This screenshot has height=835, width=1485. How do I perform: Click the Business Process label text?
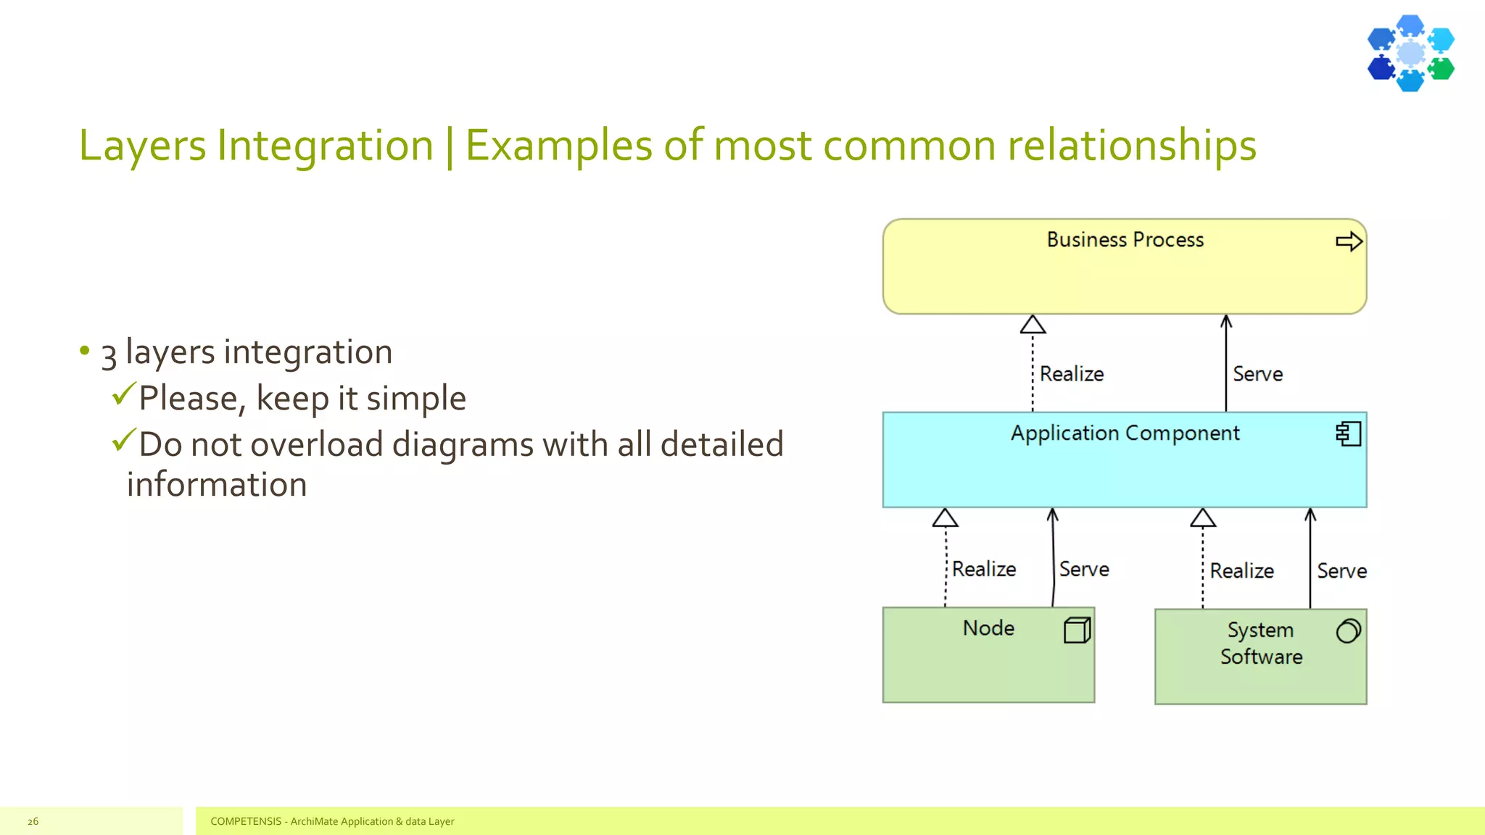click(1125, 240)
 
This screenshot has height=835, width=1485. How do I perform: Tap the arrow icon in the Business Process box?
click(1349, 241)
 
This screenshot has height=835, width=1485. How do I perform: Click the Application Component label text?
click(1125, 433)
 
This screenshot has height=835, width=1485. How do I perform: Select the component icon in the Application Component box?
click(1348, 434)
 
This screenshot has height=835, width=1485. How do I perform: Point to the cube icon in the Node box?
click(1077, 630)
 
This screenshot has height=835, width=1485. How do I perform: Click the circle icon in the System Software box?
click(1348, 631)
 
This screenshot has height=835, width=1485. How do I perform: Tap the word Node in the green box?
click(988, 628)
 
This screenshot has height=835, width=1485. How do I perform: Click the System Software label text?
click(1261, 644)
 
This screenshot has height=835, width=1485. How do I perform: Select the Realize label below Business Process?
click(1071, 374)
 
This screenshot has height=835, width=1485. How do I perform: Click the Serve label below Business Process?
click(1257, 374)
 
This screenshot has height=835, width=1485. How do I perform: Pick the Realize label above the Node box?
click(983, 570)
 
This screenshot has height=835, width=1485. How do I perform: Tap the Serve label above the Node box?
click(1084, 570)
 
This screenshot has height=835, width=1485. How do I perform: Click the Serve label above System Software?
click(1341, 571)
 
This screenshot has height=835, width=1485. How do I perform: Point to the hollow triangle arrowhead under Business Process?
click(1033, 325)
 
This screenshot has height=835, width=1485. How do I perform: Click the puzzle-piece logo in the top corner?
click(1410, 53)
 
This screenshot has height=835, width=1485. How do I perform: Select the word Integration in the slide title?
click(325, 146)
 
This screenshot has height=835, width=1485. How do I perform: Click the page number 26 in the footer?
click(33, 821)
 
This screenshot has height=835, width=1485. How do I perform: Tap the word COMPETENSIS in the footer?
click(245, 821)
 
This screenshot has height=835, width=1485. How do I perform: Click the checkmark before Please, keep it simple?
click(124, 394)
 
